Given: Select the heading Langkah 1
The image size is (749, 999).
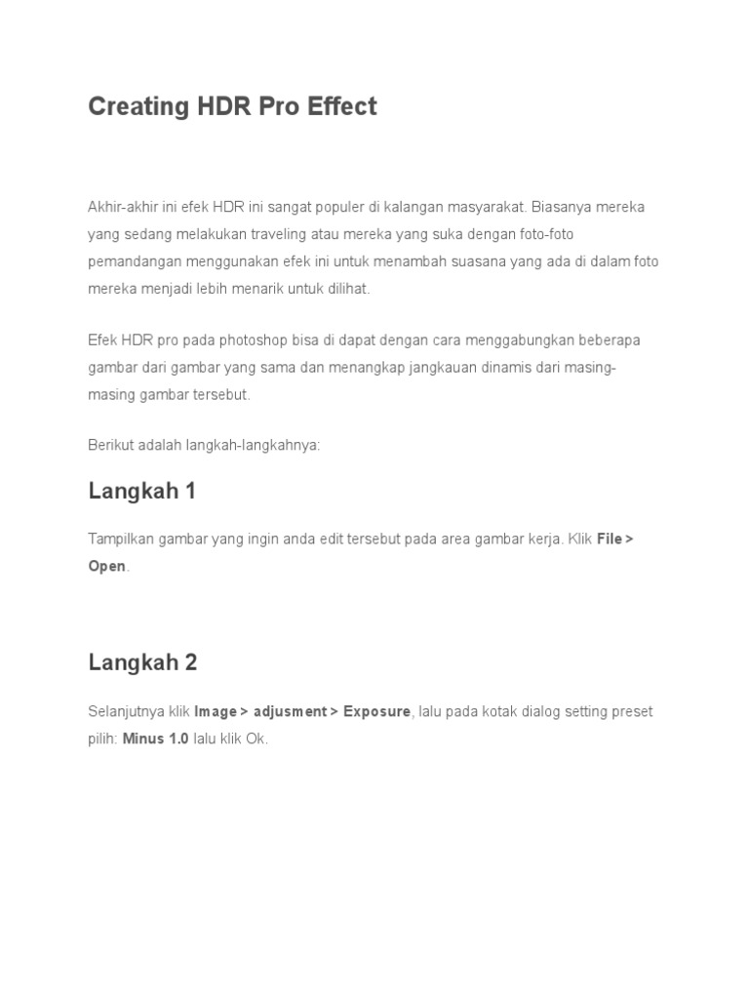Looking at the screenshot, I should point(142,491).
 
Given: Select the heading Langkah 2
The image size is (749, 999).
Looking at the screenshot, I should point(142,662).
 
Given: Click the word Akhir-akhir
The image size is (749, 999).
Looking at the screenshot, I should point(120,207).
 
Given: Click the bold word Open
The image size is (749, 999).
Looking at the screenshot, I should point(107,566).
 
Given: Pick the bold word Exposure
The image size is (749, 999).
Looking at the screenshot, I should point(376,711).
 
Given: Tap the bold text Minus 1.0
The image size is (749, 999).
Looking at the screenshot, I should point(155,739).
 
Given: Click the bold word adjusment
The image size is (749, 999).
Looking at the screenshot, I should point(290,711).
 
